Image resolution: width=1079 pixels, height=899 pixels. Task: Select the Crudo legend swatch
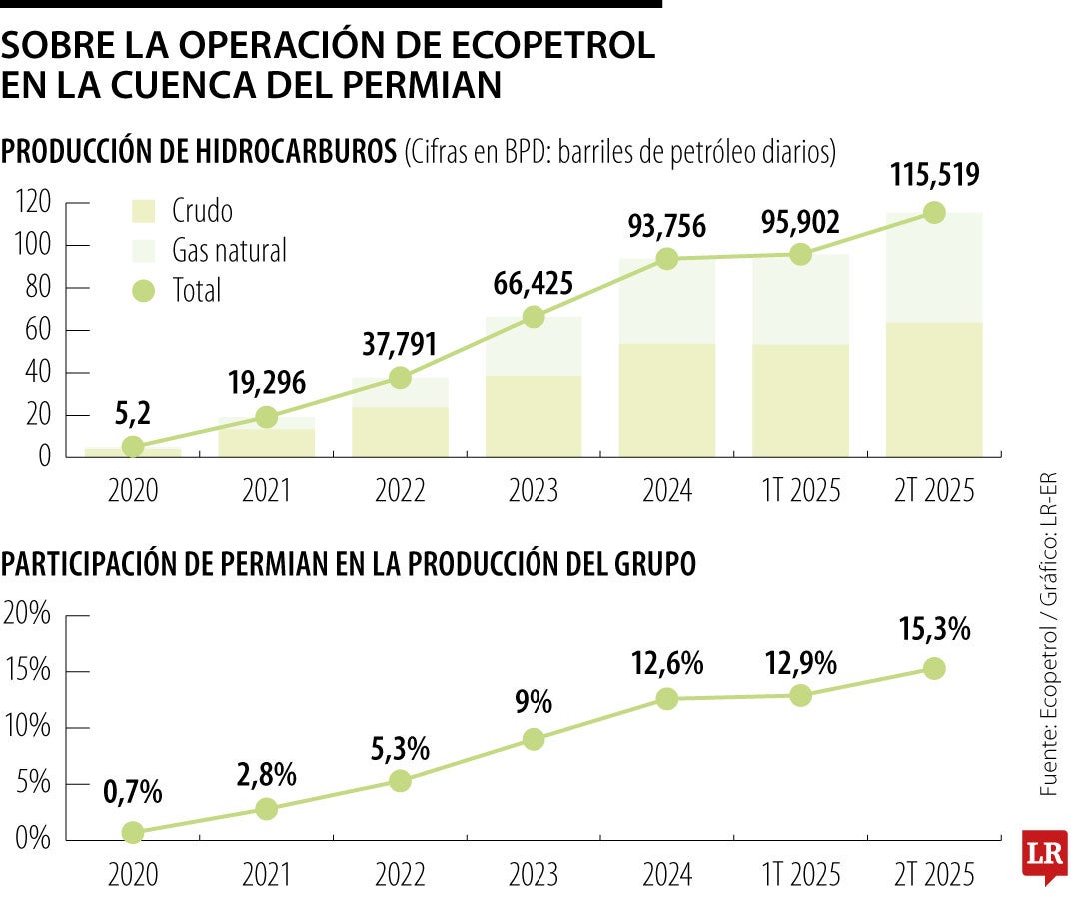click(x=145, y=211)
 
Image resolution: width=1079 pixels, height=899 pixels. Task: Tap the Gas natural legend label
click(x=229, y=250)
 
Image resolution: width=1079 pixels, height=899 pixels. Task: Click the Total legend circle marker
click(x=145, y=291)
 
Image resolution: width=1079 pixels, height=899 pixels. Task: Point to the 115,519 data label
click(x=933, y=175)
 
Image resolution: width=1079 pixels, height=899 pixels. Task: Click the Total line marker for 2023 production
click(x=534, y=317)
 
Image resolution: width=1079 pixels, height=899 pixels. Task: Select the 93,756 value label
click(x=667, y=226)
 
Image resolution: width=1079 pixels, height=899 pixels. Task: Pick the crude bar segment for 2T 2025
click(x=933, y=390)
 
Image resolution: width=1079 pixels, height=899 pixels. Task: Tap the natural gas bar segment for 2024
click(x=667, y=301)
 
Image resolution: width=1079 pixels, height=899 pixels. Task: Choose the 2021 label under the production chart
click(x=266, y=491)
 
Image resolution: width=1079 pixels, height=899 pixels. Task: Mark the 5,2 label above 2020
click(x=133, y=411)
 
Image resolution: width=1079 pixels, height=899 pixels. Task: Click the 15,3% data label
click(x=933, y=630)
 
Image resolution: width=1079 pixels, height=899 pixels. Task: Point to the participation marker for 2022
click(x=400, y=781)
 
